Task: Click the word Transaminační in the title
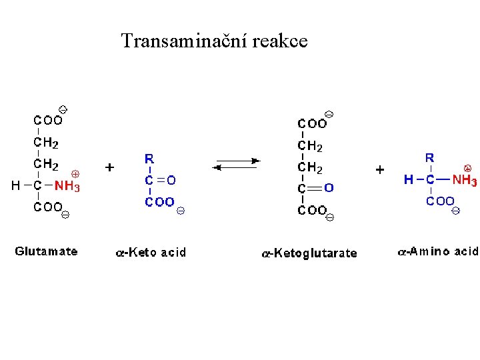pyautogui.click(x=176, y=41)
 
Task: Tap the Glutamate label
pyautogui.click(x=46, y=251)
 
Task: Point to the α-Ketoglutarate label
pyautogui.click(x=309, y=253)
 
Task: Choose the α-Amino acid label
pyautogui.click(x=437, y=251)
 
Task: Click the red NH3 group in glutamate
pyautogui.click(x=67, y=187)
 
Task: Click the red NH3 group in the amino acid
pyautogui.click(x=465, y=180)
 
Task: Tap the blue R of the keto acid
pyautogui.click(x=150, y=159)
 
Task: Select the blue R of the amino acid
pyautogui.click(x=430, y=158)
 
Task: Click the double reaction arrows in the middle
pyautogui.click(x=237, y=164)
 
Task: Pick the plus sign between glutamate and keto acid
pyautogui.click(x=110, y=167)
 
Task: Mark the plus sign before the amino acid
pyautogui.click(x=379, y=169)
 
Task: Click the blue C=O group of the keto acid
pyautogui.click(x=161, y=180)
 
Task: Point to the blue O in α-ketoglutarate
pyautogui.click(x=329, y=188)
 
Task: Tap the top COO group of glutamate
pyautogui.click(x=48, y=121)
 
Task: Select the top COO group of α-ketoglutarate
pyautogui.click(x=312, y=123)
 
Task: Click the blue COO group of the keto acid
pyautogui.click(x=160, y=201)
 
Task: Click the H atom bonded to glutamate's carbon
pyautogui.click(x=15, y=186)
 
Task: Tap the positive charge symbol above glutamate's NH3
pyautogui.click(x=75, y=173)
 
